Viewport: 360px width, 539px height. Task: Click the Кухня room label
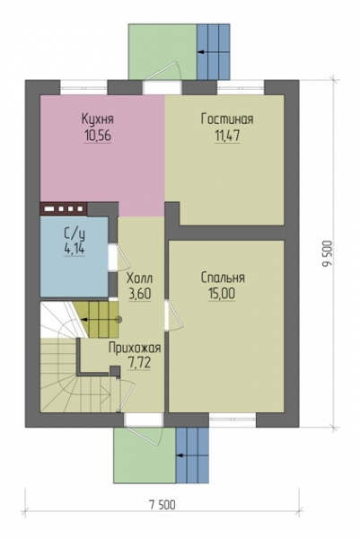click(98, 119)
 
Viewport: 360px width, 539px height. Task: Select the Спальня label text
click(223, 278)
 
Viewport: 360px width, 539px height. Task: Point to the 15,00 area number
click(222, 294)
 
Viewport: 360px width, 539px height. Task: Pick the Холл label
click(139, 278)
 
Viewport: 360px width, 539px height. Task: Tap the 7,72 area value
click(139, 363)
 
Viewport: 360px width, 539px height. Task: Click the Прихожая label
click(135, 348)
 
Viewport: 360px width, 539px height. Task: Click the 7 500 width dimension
click(162, 505)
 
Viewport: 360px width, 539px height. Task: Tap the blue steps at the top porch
click(213, 52)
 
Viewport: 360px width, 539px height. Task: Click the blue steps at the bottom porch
click(192, 455)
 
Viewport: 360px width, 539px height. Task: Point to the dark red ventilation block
click(64, 208)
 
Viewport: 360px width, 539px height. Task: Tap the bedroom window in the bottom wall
click(233, 419)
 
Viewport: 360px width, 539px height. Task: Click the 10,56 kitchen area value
click(98, 137)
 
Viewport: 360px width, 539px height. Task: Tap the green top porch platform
click(162, 52)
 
